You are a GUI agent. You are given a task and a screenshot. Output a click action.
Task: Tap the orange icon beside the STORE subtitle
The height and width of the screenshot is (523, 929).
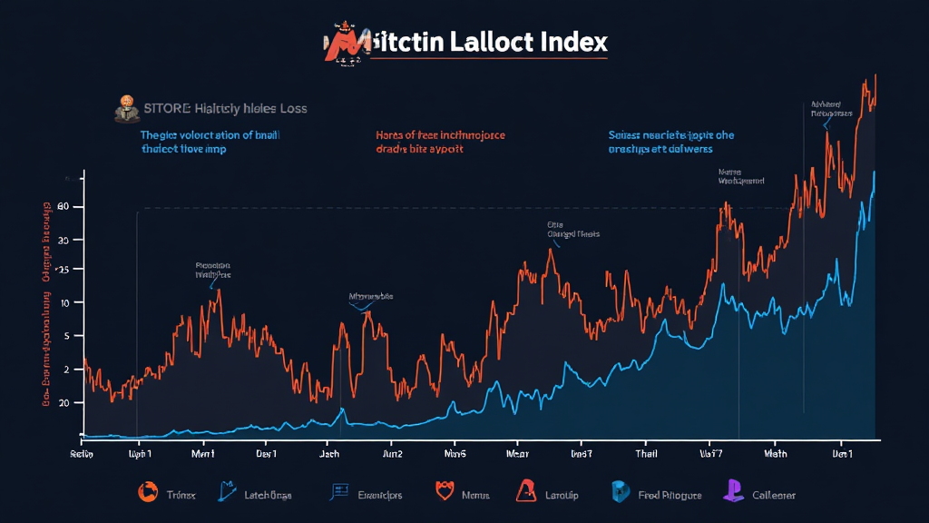click(x=125, y=107)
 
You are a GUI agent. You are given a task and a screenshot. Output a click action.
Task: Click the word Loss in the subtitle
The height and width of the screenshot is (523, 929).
click(x=290, y=109)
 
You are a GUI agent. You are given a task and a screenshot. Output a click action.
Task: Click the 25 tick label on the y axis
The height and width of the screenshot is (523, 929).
click(x=63, y=271)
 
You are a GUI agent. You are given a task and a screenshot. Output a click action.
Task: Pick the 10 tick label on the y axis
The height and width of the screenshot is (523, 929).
click(x=64, y=302)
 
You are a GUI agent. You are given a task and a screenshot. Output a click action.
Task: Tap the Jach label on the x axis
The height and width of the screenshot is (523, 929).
click(x=330, y=452)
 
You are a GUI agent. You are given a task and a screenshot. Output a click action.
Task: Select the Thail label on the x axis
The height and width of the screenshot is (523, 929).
click(x=647, y=452)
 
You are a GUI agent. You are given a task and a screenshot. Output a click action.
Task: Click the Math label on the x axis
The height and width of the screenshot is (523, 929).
click(x=776, y=452)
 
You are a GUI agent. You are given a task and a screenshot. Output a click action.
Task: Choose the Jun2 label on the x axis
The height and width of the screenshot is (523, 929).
click(x=393, y=452)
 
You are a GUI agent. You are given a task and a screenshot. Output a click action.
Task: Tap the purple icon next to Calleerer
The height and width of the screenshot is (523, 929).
click(x=732, y=492)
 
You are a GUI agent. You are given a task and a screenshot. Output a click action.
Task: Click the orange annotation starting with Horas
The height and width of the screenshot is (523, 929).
click(x=439, y=142)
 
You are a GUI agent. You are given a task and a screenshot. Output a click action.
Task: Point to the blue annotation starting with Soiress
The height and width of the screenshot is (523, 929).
click(x=670, y=142)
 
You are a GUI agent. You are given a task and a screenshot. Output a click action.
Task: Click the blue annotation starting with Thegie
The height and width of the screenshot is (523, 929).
click(x=210, y=142)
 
